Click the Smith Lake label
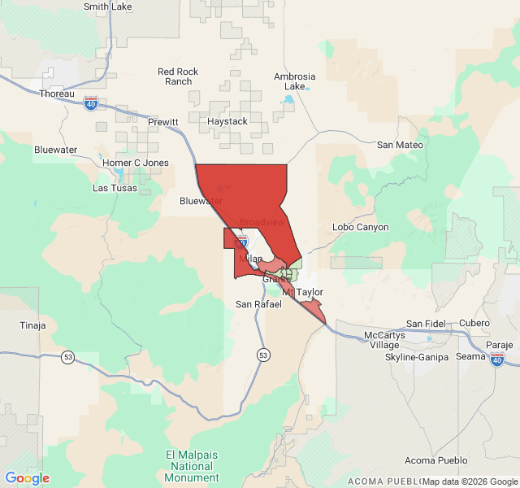(x=108, y=7)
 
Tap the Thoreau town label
(x=57, y=94)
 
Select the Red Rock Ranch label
(x=178, y=76)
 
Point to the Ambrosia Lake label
(x=294, y=81)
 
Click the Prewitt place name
(x=163, y=122)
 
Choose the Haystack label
(x=227, y=121)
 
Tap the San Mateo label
(x=400, y=145)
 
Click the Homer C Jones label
(x=136, y=163)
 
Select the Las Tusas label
(x=115, y=188)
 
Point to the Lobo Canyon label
(x=361, y=227)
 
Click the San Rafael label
(x=258, y=304)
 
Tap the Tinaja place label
(x=32, y=325)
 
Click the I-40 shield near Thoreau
(x=91, y=103)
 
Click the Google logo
(x=28, y=478)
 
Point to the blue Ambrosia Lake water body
(x=288, y=101)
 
